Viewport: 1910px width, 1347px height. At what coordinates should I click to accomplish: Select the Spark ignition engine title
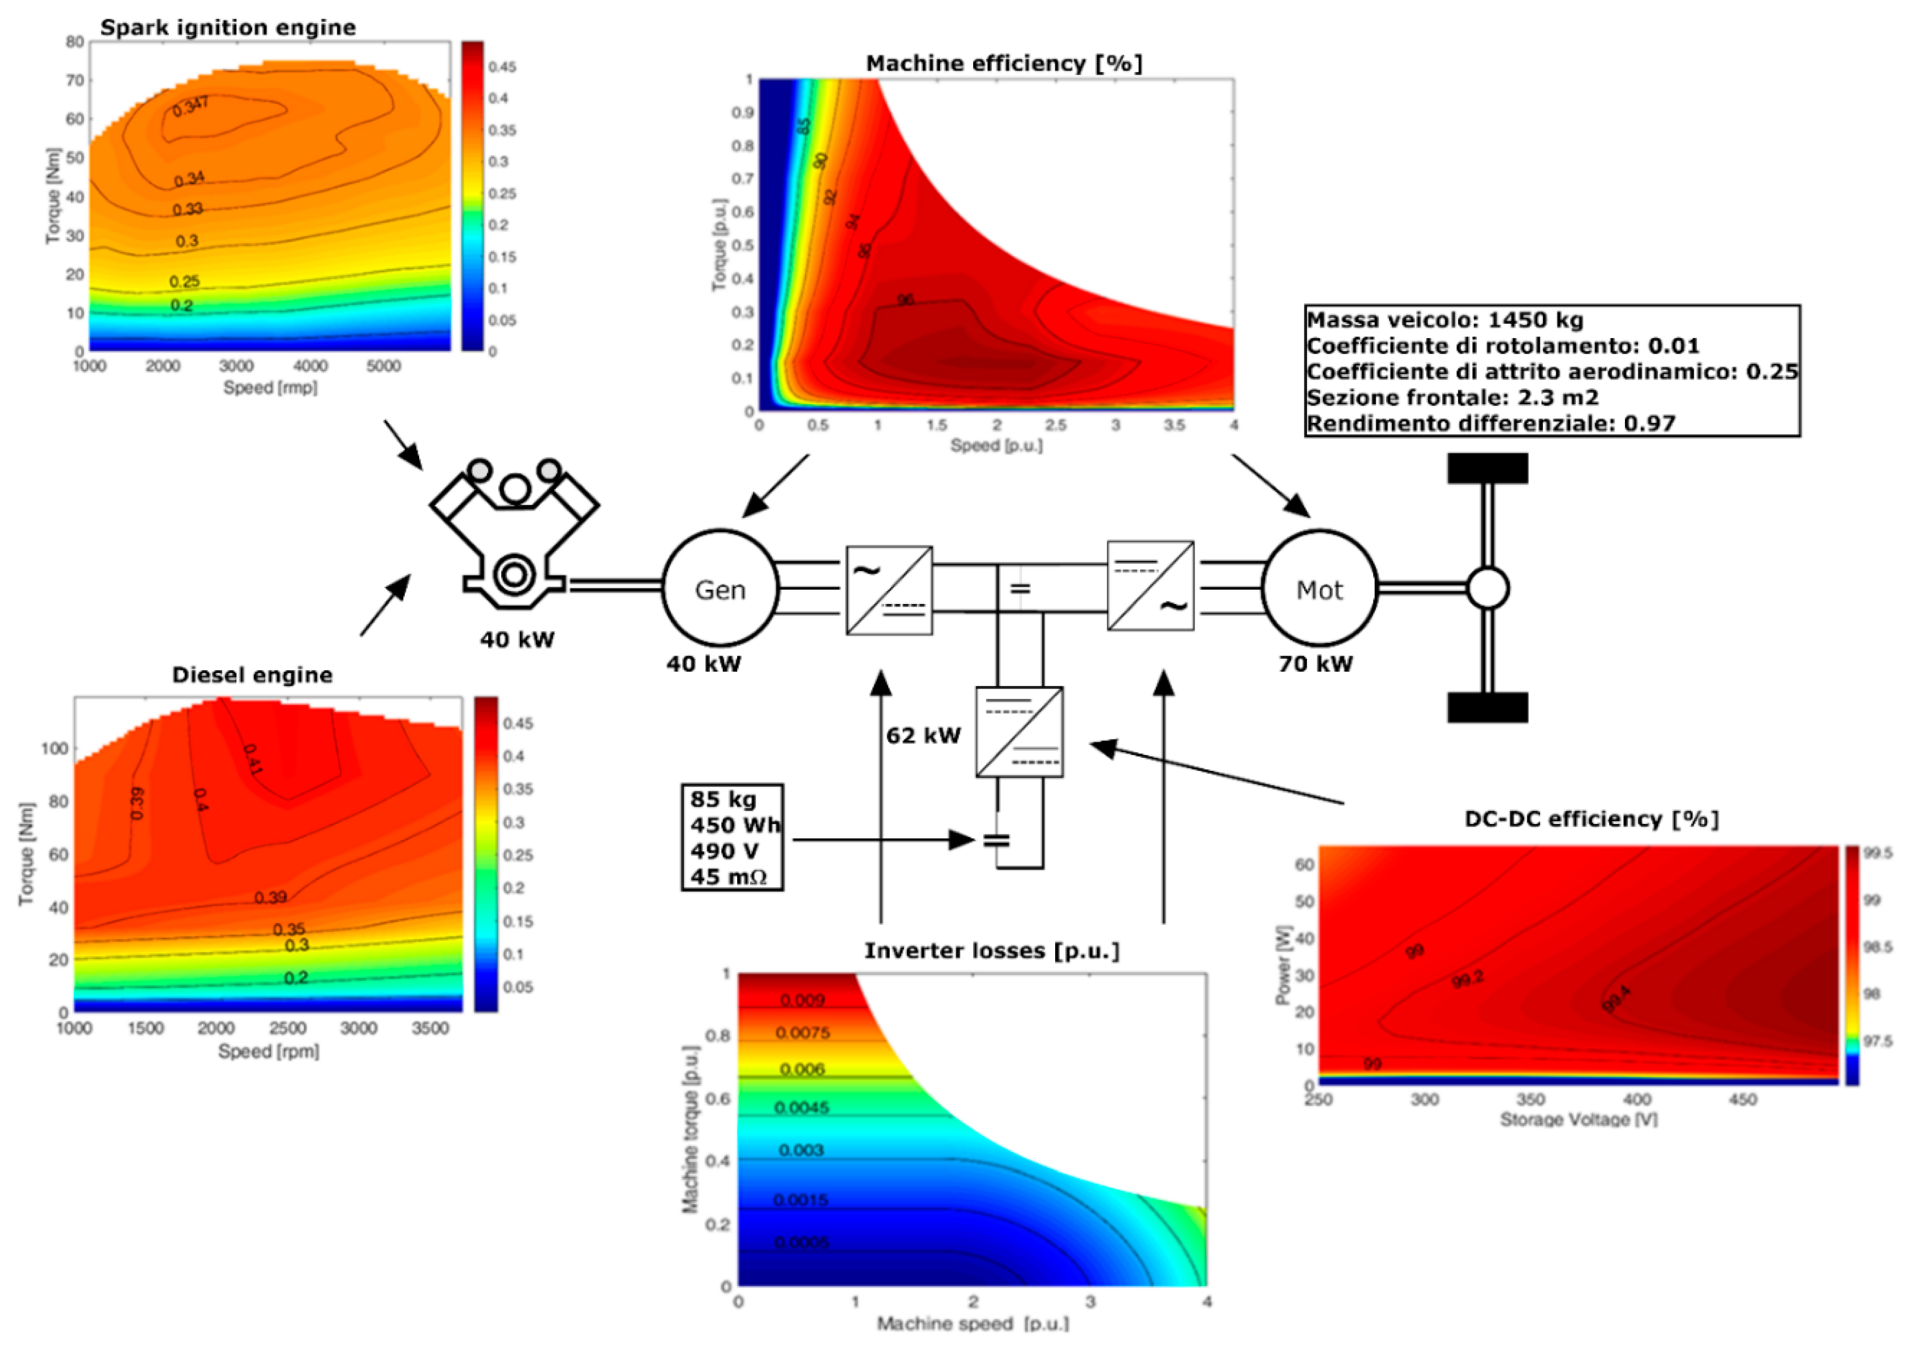[228, 27]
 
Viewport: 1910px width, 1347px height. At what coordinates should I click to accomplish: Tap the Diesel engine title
[252, 675]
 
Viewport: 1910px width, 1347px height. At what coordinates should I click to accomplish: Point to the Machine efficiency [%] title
[1004, 63]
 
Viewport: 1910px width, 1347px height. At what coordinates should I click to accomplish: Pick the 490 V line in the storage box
[724, 851]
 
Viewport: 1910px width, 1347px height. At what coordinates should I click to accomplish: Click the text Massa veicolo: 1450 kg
[1445, 320]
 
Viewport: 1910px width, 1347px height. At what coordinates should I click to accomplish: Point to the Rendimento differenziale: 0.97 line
[1491, 423]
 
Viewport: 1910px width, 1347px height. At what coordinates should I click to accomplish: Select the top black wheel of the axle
[1487, 468]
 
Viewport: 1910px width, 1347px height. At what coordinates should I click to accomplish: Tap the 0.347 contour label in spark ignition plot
[190, 106]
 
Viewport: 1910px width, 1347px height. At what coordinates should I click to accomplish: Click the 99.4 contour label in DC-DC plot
[1616, 999]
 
